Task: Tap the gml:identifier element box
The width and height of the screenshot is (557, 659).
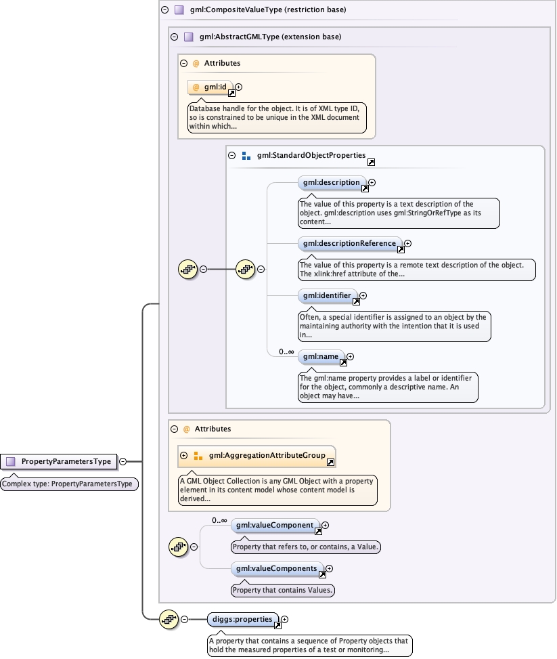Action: pos(328,295)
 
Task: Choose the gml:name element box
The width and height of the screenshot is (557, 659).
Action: pos(321,356)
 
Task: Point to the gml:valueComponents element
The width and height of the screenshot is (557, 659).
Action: pos(277,568)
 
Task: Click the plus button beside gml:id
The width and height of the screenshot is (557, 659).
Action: pos(239,87)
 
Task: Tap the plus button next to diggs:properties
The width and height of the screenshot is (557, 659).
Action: pos(285,619)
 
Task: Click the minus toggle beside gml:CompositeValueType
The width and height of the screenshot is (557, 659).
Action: pos(165,10)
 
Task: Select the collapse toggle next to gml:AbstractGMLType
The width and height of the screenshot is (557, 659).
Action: pos(175,37)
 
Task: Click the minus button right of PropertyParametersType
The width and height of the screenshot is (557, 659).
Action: pos(123,461)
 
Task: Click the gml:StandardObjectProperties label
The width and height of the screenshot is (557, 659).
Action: pos(311,156)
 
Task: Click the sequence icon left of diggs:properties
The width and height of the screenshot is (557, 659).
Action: pos(168,619)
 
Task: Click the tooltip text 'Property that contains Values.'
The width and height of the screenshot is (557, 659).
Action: pos(284,590)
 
